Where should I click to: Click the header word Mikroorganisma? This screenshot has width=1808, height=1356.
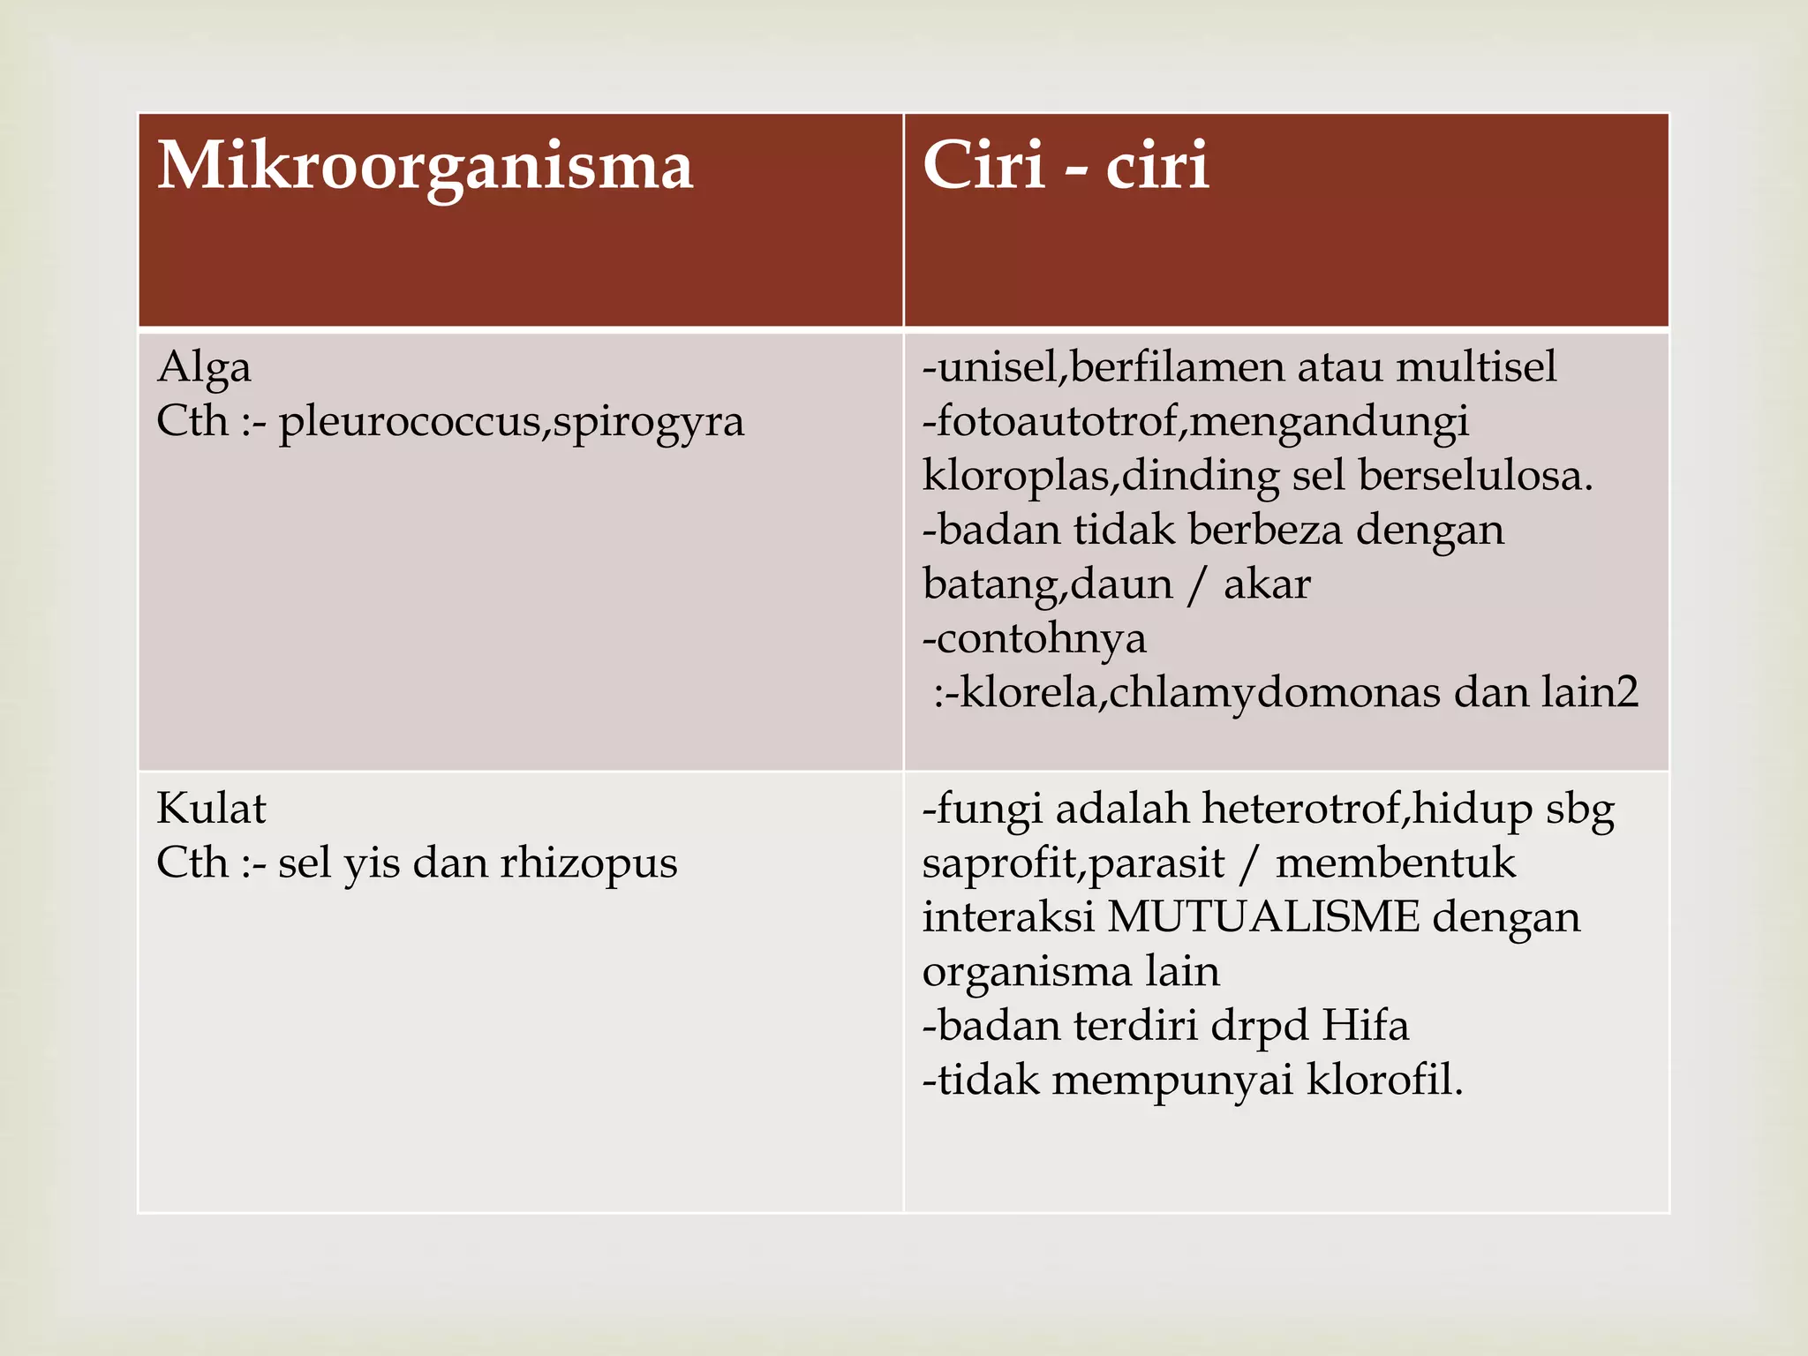(x=426, y=168)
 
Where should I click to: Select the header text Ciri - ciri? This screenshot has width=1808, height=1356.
(x=1066, y=166)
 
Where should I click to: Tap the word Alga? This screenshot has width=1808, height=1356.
(x=204, y=368)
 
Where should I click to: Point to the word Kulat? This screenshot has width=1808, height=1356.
(x=211, y=809)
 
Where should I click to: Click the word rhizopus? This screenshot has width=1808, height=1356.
(x=589, y=864)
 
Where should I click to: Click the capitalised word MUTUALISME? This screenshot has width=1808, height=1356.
(x=1263, y=917)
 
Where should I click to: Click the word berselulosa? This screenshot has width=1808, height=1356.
(x=1475, y=477)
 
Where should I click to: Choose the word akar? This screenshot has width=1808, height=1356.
(x=1267, y=585)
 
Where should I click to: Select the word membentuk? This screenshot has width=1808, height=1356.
(x=1396, y=863)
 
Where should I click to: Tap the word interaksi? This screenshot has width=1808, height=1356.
(x=1008, y=917)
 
